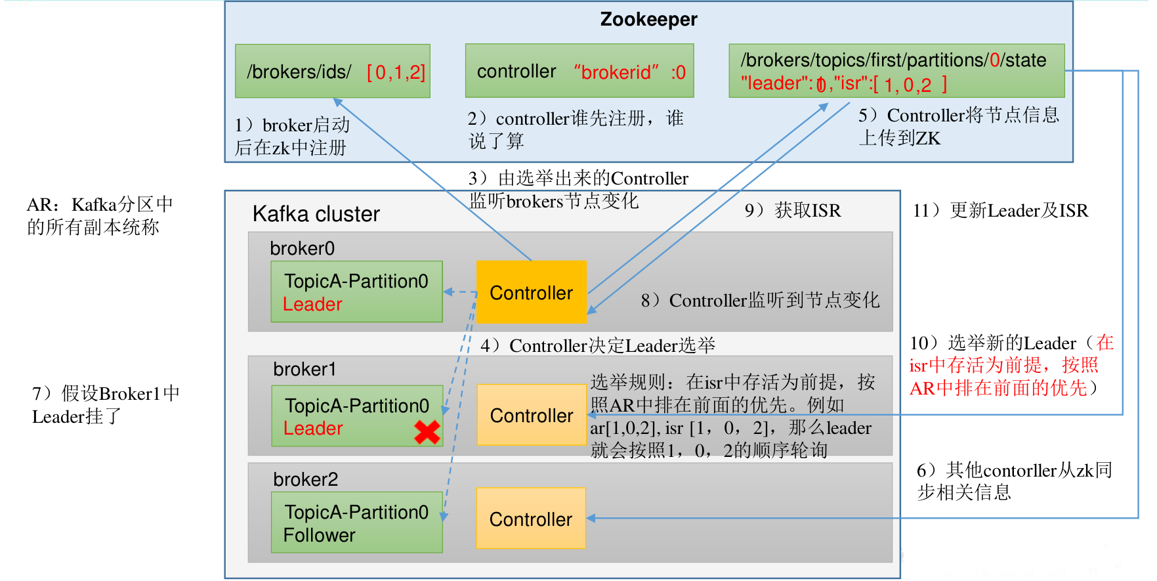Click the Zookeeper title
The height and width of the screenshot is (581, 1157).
pyautogui.click(x=648, y=20)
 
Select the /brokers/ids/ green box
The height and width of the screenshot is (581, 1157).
pyautogui.click(x=332, y=71)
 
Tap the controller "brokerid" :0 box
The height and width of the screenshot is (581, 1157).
pyautogui.click(x=579, y=71)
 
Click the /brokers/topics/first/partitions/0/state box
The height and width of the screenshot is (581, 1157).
pyautogui.click(x=896, y=71)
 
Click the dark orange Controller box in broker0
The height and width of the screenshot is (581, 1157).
pyautogui.click(x=531, y=292)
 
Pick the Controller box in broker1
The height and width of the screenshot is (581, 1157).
pyautogui.click(x=531, y=415)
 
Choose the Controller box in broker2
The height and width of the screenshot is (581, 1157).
pyautogui.click(x=531, y=519)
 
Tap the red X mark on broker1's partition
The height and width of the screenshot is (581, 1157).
pyautogui.click(x=427, y=431)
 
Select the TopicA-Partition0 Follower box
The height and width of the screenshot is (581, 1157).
pyautogui.click(x=356, y=523)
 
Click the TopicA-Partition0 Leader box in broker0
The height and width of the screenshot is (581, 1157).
pyautogui.click(x=356, y=291)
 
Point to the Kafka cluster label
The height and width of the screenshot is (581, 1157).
pyautogui.click(x=316, y=214)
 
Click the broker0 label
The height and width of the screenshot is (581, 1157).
pyautogui.click(x=302, y=248)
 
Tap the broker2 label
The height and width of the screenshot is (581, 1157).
pyautogui.click(x=305, y=479)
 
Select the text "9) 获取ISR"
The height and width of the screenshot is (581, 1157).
pyautogui.click(x=792, y=210)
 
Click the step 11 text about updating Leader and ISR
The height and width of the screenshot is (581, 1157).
pyautogui.click(x=1000, y=210)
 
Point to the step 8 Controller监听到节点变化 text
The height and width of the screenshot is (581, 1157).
pyautogui.click(x=760, y=300)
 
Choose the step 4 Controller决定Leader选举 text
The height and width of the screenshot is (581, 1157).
pyautogui.click(x=597, y=345)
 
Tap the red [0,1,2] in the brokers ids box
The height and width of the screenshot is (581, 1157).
pyautogui.click(x=396, y=72)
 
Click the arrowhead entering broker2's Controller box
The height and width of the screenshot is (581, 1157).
pyautogui.click(x=591, y=519)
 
